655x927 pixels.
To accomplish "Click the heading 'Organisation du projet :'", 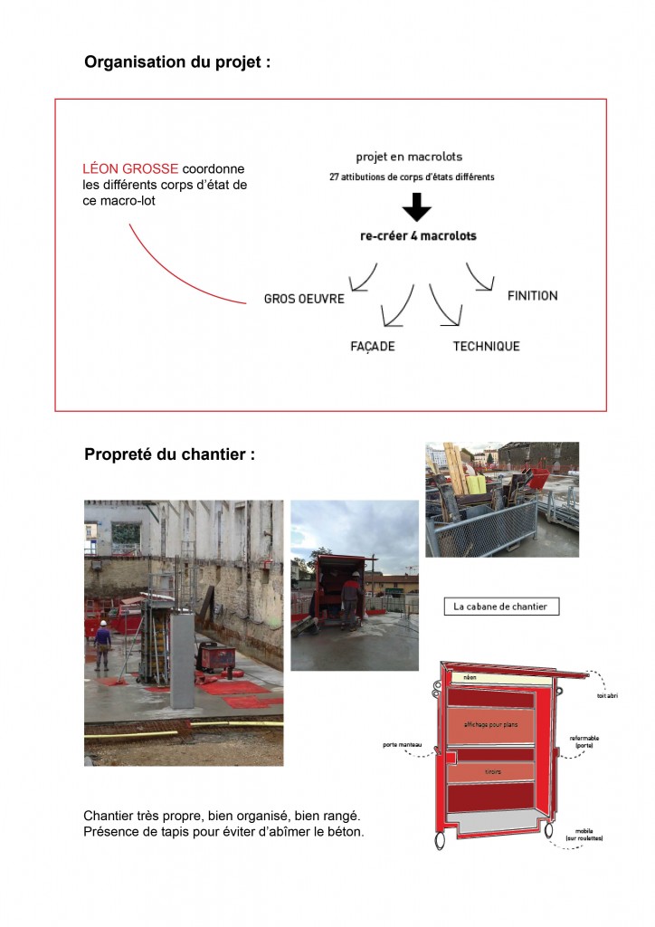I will tap(177, 63).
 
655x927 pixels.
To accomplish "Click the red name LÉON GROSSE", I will tap(130, 169).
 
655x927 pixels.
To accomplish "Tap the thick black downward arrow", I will tap(416, 207).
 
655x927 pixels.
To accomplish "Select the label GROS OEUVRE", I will tap(304, 299).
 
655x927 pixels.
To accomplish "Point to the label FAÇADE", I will tap(373, 347).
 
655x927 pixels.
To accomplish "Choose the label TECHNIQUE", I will tap(486, 347).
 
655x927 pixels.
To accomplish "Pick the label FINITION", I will tap(532, 296).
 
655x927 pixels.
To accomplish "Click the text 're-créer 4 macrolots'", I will tap(418, 236).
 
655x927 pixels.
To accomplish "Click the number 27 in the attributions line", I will tap(334, 177).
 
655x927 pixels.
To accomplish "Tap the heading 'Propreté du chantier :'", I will tap(169, 454).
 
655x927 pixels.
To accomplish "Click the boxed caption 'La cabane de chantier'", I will tap(501, 607).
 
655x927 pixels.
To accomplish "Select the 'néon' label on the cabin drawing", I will tap(469, 677).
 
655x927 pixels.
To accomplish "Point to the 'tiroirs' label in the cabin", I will tap(492, 772).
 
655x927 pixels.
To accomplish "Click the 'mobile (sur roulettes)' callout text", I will tap(584, 835).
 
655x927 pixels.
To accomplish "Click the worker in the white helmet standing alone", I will tap(103, 642).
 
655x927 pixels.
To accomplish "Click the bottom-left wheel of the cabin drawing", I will tap(441, 839).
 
